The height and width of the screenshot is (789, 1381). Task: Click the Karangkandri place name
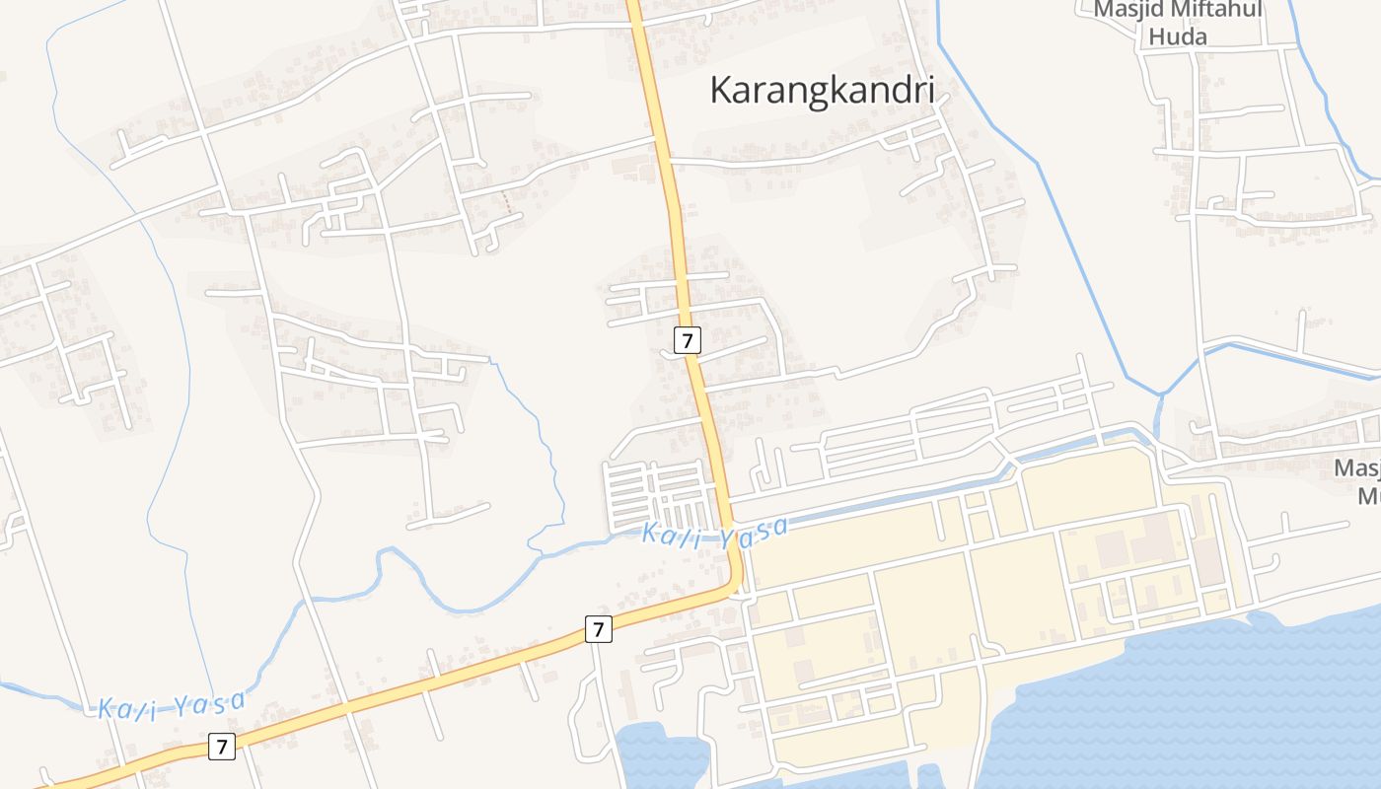822,91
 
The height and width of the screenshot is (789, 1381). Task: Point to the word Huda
1178,36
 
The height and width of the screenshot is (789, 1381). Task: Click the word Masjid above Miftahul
1127,11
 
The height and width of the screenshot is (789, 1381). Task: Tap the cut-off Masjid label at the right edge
1357,467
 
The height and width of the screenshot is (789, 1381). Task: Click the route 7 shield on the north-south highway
688,340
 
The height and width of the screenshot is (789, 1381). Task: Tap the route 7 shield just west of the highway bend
598,628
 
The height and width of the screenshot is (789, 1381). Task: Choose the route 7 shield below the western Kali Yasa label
222,747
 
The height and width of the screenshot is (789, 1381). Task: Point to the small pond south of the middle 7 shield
661,754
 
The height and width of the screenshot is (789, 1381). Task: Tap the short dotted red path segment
507,203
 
